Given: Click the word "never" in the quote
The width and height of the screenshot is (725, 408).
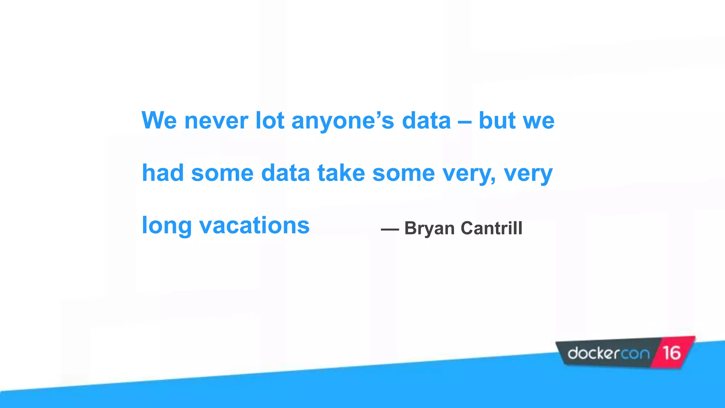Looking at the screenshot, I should (x=216, y=121).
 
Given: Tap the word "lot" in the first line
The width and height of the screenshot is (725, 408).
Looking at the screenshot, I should (x=270, y=121).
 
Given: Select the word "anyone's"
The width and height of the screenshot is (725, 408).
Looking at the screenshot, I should (x=342, y=121).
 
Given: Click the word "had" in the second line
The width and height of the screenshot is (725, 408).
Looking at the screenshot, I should (x=163, y=173).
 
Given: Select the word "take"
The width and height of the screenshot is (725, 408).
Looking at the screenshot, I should (x=341, y=173).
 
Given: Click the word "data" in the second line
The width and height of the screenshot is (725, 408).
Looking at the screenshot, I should (x=285, y=173).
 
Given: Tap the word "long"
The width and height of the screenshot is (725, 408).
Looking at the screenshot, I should (x=166, y=226).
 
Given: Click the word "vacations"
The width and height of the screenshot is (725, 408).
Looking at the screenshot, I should (x=254, y=226).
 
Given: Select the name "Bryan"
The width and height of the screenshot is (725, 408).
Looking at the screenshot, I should (x=429, y=228).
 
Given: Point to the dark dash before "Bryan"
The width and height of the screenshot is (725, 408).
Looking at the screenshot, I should (x=390, y=230).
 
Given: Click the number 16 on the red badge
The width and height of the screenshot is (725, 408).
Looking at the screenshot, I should (x=672, y=353).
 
